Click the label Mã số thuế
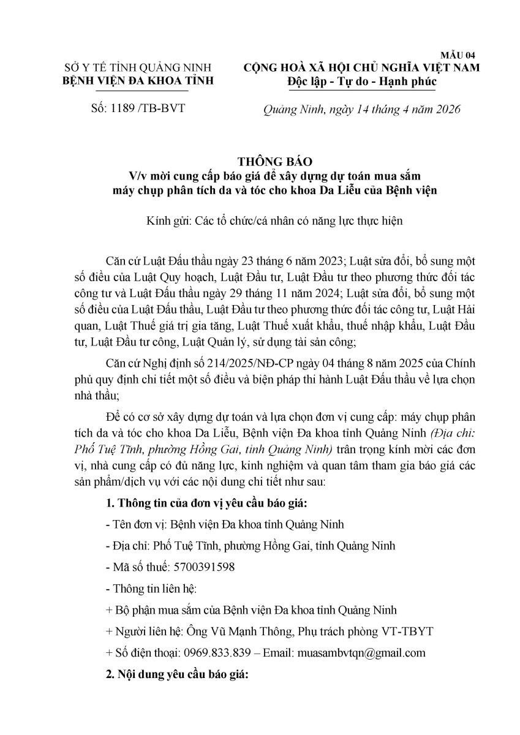[139, 567]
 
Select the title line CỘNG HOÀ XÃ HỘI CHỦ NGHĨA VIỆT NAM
[361, 67]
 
